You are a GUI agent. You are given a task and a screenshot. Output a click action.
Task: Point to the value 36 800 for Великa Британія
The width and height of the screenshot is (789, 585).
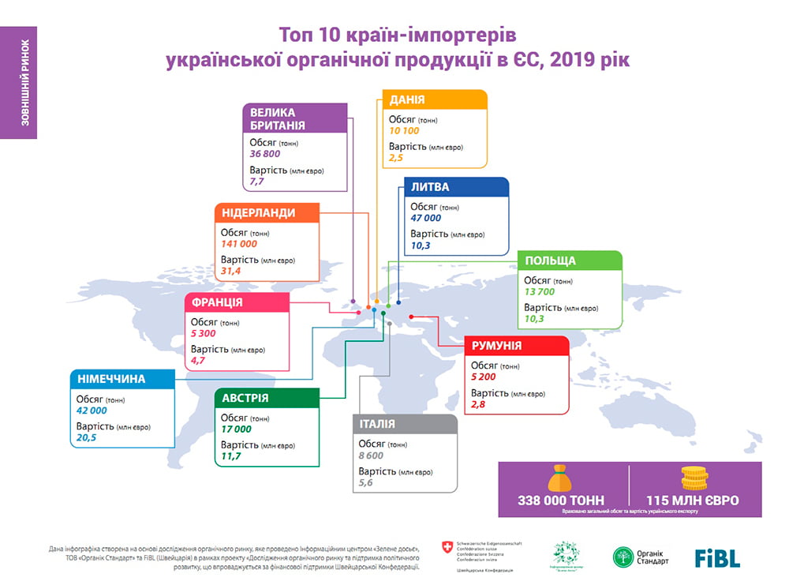click(265, 154)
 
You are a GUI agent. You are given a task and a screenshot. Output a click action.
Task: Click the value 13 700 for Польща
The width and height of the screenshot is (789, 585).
click(540, 292)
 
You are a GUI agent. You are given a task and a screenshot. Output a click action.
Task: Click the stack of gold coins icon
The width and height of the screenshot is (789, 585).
click(694, 478)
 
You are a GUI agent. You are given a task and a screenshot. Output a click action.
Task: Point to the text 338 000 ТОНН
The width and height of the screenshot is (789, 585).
click(562, 501)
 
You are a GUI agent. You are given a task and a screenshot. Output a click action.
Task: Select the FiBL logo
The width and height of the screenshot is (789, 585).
click(717, 557)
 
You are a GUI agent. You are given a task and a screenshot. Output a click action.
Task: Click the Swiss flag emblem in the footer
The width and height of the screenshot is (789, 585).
click(448, 546)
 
